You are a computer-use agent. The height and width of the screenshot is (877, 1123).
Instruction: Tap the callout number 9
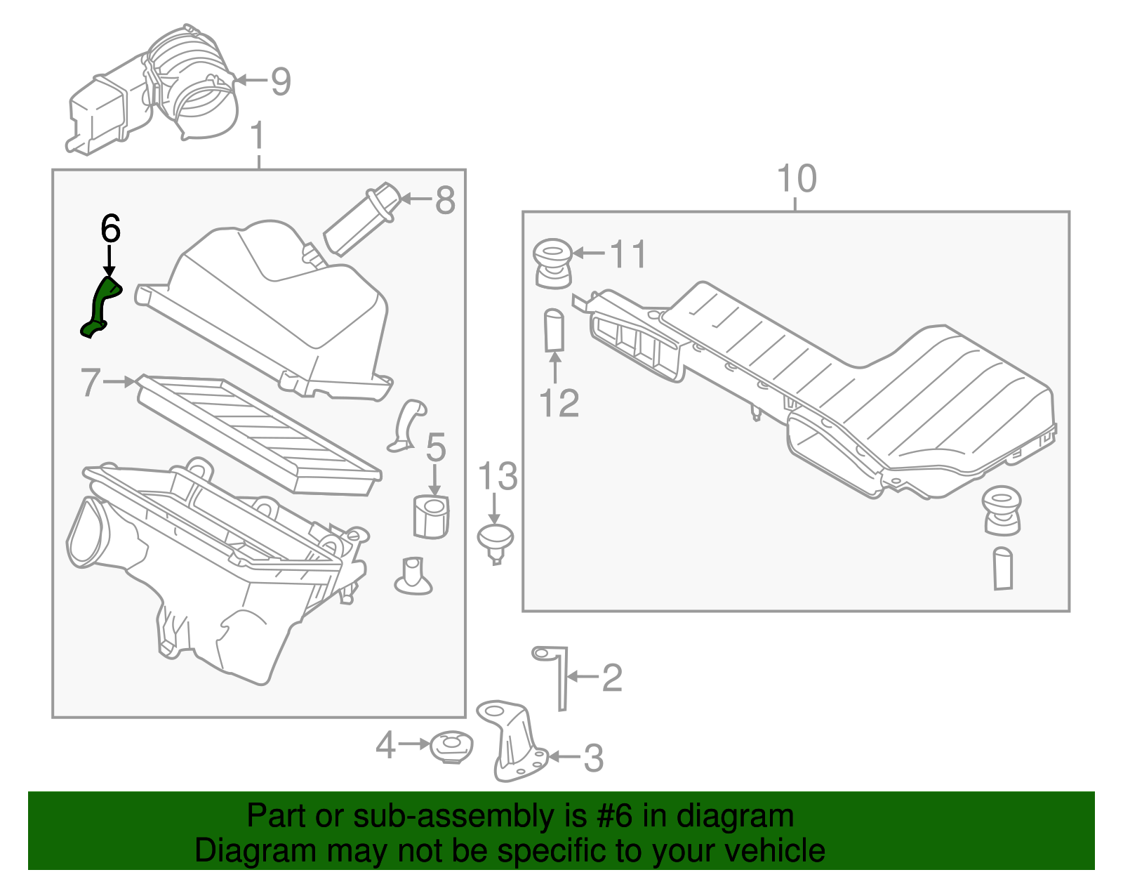(281, 81)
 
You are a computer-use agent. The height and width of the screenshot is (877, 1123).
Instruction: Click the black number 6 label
(110, 229)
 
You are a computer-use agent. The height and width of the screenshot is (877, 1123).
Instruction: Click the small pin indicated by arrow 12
(554, 330)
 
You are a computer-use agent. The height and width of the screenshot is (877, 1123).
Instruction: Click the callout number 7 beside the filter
(91, 383)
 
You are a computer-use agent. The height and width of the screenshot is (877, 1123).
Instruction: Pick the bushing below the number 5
(430, 516)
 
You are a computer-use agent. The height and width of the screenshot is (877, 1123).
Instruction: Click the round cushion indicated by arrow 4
(451, 747)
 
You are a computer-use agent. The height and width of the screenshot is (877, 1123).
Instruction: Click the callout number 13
(497, 477)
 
